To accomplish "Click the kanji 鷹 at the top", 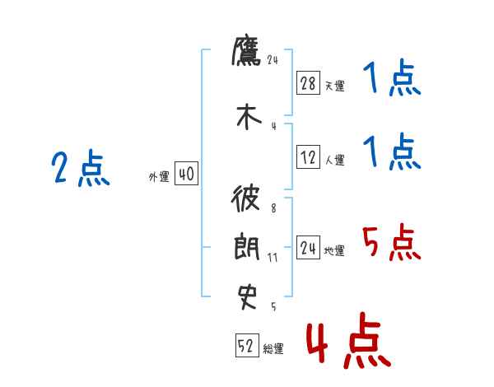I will coord(246,54).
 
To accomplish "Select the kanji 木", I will coord(246,117).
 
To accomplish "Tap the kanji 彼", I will coord(246,200).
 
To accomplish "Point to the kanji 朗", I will coord(246,247).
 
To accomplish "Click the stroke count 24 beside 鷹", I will coord(274,60).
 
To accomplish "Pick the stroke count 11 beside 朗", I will coord(273,258).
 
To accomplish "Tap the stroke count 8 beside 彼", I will coord(273,208).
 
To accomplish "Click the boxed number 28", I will coord(308,82).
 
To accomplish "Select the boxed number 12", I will coord(308,158).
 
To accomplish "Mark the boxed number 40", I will coord(186,174).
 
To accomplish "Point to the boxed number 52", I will coord(246,347).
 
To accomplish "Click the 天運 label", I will coord(334,86).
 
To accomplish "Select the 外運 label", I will coord(158,177).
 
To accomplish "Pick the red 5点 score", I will coord(391,243).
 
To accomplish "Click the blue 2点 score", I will coord(80,170).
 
